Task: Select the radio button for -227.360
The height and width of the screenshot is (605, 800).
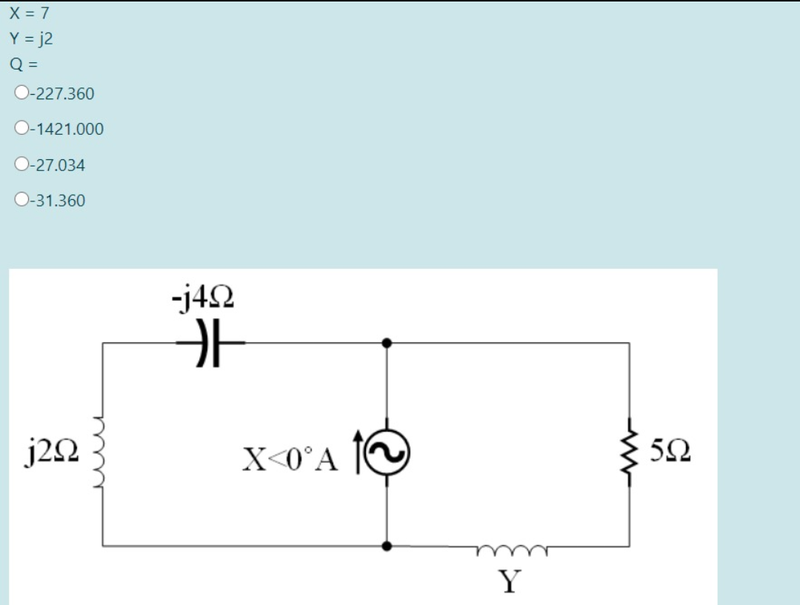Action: (x=21, y=93)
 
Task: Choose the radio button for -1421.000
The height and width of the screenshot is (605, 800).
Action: (x=21, y=128)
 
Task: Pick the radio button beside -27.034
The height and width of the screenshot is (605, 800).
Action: (x=21, y=164)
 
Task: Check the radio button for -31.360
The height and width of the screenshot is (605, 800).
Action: (x=21, y=200)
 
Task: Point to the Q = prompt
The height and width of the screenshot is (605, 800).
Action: (x=24, y=64)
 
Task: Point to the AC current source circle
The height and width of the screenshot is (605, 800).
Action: (x=387, y=451)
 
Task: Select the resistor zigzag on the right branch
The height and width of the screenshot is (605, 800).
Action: (x=630, y=449)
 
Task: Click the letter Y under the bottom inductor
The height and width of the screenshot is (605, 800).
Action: (x=510, y=582)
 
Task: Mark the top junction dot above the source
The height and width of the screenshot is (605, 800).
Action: (x=387, y=344)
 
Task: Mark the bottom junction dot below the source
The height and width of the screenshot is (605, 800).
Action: (x=387, y=546)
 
